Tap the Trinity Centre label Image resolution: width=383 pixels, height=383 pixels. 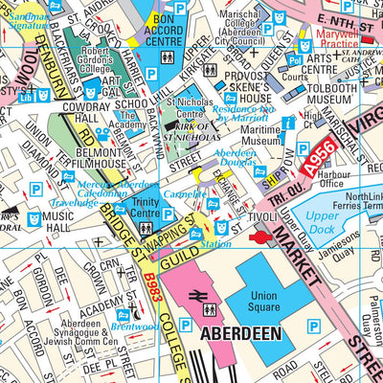(x=146, y=208)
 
